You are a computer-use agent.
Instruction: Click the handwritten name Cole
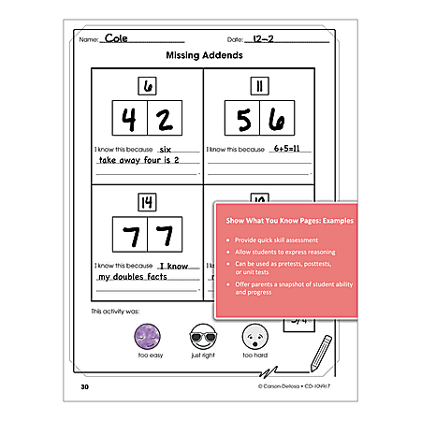coord(116,38)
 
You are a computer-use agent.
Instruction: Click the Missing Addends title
coord(204,55)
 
